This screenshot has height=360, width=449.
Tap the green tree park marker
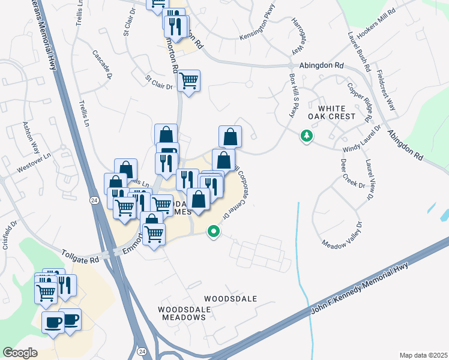(x=307, y=136)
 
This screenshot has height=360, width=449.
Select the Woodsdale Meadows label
(x=185, y=313)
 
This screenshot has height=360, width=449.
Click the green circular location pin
(x=212, y=231)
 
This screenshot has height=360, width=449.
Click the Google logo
(x=20, y=353)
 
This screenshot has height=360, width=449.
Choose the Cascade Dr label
(x=102, y=64)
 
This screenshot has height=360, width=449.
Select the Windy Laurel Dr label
(x=362, y=141)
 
